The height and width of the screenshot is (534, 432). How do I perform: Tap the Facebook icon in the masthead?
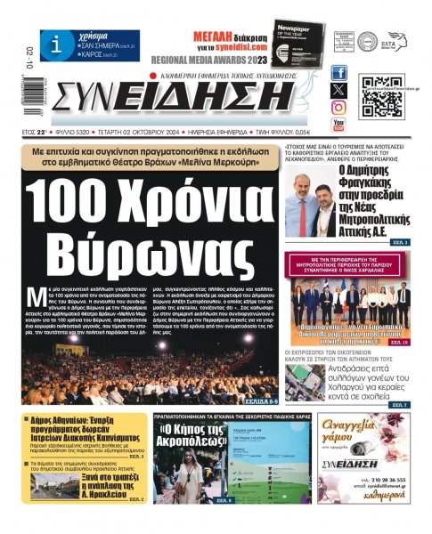coord(338,73)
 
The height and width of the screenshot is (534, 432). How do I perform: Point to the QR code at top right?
coord(381,96)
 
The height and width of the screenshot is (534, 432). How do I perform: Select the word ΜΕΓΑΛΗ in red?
coord(214,36)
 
